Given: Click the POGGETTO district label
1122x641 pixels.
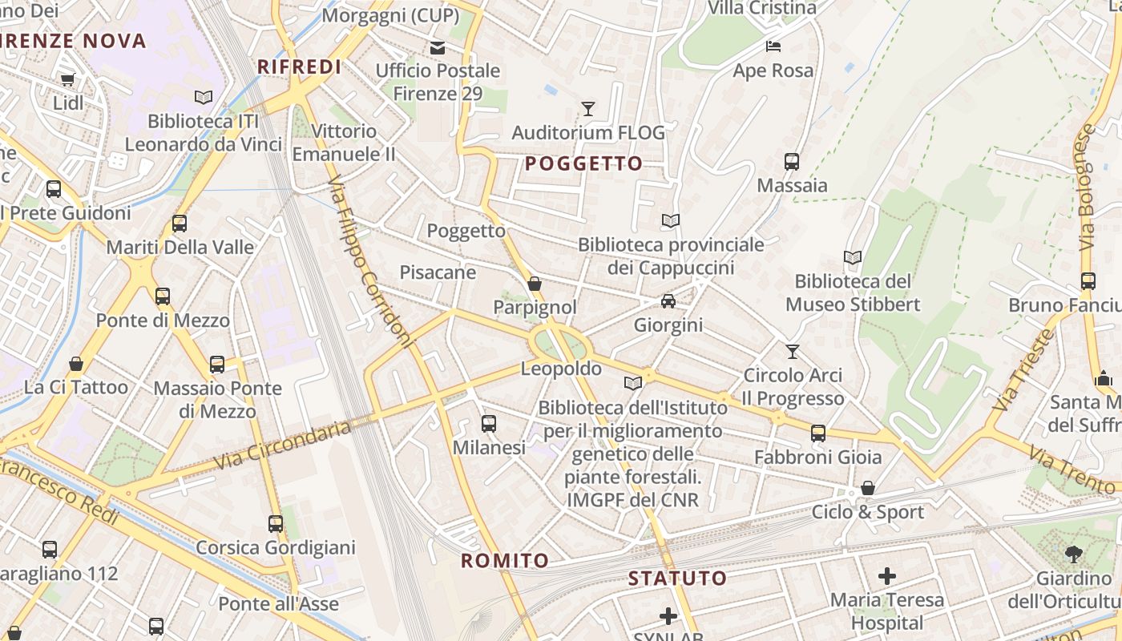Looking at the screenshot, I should point(583,164).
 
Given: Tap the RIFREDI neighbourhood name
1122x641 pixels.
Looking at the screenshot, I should point(300,67).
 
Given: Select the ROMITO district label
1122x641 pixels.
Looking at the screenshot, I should point(505,561).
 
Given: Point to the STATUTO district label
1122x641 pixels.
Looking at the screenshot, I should point(677,578).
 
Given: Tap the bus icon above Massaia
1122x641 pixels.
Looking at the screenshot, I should point(792,162).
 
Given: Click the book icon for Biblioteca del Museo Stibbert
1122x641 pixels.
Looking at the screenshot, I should point(853,258).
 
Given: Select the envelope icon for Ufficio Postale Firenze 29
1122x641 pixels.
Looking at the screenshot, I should point(438,48).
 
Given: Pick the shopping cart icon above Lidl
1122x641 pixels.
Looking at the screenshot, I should point(67,79).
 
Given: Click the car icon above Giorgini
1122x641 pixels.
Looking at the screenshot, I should point(668,301).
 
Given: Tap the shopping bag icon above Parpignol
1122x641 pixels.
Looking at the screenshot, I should point(535,284).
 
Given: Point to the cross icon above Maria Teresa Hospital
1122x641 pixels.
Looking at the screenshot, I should point(886,575).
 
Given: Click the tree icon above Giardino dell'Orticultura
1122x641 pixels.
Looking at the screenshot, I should point(1073,554).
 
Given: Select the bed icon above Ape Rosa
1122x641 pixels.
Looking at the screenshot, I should point(773,46).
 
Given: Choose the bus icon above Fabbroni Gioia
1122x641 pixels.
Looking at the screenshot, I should point(817,433).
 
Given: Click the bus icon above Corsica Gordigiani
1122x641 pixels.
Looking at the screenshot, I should point(276,524).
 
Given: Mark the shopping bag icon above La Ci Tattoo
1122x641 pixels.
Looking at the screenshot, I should point(76,364).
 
